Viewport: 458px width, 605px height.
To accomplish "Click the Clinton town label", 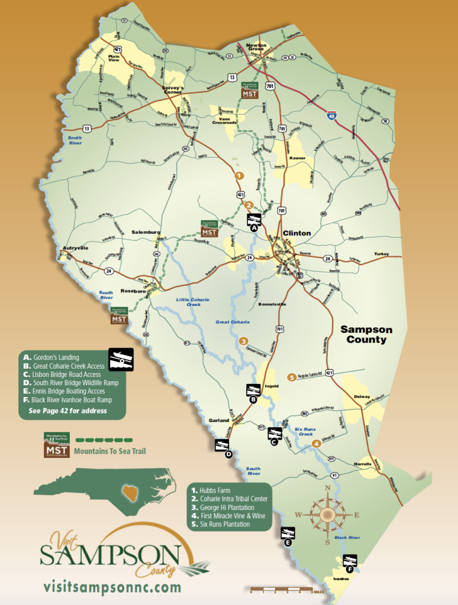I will (x=296, y=233).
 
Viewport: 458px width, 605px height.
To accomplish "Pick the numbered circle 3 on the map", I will (x=243, y=341).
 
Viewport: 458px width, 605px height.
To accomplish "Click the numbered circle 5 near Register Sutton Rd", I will (x=291, y=378).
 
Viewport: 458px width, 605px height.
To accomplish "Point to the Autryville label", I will (x=73, y=248).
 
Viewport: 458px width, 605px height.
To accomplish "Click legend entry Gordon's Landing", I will (x=60, y=357).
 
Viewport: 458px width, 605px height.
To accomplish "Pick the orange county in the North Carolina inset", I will (x=130, y=492).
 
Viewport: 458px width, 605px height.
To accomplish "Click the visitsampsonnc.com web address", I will (x=112, y=587).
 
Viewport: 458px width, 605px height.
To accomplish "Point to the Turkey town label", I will (x=382, y=254).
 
